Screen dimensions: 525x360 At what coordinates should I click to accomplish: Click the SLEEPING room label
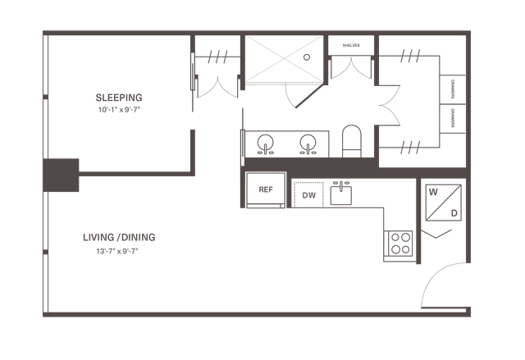pyautogui.click(x=119, y=98)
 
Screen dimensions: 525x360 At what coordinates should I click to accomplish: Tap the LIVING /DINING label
pyautogui.click(x=119, y=237)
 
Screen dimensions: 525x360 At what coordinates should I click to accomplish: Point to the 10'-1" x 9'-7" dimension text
pyautogui.click(x=119, y=110)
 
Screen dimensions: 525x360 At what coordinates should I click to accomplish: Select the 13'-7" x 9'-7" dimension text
pyautogui.click(x=117, y=251)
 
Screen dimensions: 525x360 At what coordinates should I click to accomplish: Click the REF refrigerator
pyautogui.click(x=266, y=189)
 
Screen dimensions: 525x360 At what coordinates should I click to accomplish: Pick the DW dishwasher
pyautogui.click(x=308, y=195)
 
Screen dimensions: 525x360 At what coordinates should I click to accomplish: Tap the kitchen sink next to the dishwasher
pyautogui.click(x=341, y=194)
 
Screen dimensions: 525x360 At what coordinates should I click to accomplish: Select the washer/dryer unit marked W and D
pyautogui.click(x=443, y=203)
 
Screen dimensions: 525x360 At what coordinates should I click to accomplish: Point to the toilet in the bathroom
pyautogui.click(x=352, y=141)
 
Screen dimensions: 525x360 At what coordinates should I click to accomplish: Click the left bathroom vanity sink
pyautogui.click(x=266, y=144)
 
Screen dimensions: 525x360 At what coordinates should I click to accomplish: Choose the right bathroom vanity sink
pyautogui.click(x=308, y=144)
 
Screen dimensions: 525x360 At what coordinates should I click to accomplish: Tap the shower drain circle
pyautogui.click(x=307, y=57)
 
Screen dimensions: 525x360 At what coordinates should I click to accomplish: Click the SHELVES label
pyautogui.click(x=351, y=45)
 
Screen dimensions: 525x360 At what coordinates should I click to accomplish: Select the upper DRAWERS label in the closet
pyautogui.click(x=453, y=89)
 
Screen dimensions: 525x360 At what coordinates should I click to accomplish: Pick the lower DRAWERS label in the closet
pyautogui.click(x=453, y=118)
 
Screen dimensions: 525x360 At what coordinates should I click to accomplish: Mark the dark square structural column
pyautogui.click(x=61, y=175)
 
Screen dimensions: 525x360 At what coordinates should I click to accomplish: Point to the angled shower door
pyautogui.click(x=311, y=96)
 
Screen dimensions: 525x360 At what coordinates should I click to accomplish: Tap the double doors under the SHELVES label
pyautogui.click(x=351, y=69)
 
